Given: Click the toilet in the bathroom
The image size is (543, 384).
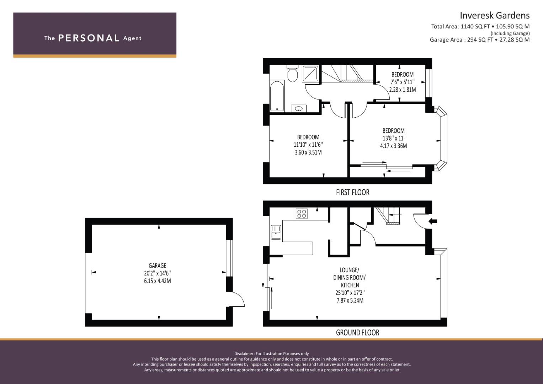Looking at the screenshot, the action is [292, 74].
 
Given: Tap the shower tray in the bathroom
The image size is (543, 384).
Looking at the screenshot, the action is [310, 74].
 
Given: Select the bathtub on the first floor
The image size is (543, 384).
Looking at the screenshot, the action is [277, 96].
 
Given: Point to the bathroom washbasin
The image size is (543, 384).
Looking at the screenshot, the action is [298, 108].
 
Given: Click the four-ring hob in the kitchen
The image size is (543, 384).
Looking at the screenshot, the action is [302, 214].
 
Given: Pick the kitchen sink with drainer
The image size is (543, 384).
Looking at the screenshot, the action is [276, 232].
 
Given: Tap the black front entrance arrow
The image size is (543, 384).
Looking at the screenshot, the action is [433, 221].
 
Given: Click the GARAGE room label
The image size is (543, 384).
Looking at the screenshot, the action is [158, 266].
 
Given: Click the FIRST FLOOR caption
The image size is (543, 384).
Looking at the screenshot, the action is [353, 192].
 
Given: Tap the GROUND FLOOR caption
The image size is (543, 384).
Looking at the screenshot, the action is [358, 332].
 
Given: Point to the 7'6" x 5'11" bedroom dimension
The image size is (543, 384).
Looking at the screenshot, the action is [403, 82].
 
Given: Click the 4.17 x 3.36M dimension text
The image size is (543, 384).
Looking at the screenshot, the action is [393, 146].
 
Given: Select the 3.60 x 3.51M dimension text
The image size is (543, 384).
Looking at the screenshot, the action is [308, 153].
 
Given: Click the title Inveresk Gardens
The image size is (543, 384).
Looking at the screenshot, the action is [495, 16].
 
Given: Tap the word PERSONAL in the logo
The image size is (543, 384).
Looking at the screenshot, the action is [89, 38].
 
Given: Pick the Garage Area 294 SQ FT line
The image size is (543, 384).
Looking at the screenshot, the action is [480, 40].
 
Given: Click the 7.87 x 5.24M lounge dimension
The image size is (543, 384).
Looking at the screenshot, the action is [350, 300].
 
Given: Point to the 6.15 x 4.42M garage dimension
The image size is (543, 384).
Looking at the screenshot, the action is [158, 281].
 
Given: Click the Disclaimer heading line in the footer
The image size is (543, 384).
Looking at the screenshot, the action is [272, 354].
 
